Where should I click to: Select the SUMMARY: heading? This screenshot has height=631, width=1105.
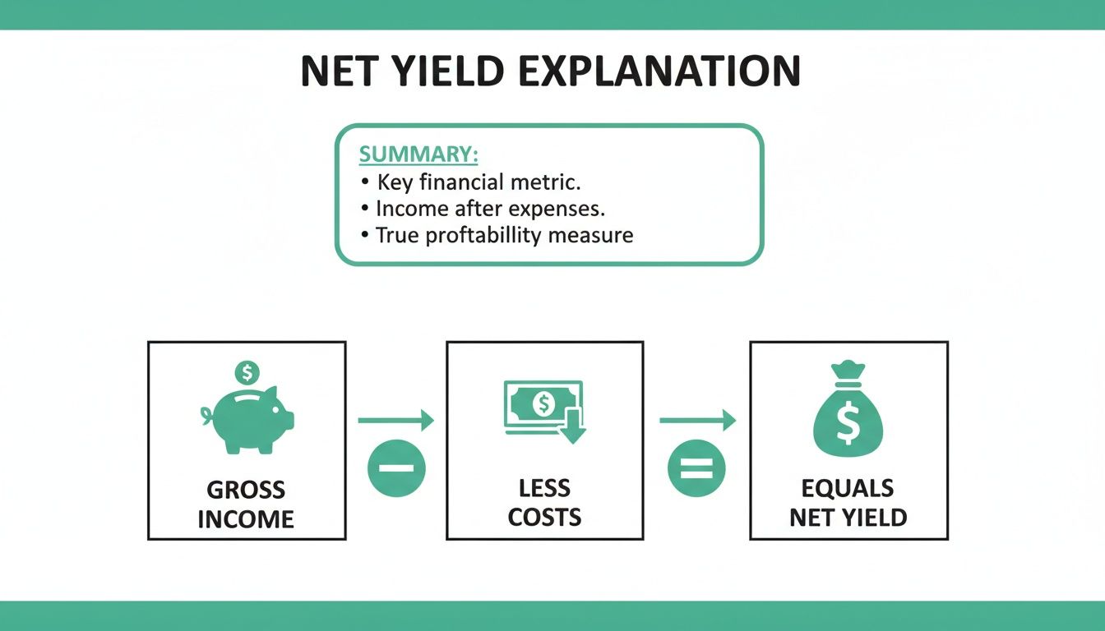(418, 155)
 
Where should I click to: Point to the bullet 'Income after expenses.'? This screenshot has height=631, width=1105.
(490, 208)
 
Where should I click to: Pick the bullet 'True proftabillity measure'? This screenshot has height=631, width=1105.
(504, 235)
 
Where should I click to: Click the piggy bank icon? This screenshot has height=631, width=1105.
(248, 419)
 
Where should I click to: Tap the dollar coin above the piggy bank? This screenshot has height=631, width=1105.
(246, 372)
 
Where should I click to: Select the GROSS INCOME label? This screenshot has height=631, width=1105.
(246, 504)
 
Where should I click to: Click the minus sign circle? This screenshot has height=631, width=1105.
(396, 468)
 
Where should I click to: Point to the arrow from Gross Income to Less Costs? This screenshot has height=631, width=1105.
(395, 421)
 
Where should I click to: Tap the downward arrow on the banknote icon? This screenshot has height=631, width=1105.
(572, 428)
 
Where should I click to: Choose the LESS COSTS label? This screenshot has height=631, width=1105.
(544, 503)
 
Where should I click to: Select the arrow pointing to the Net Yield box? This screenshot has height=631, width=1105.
(697, 421)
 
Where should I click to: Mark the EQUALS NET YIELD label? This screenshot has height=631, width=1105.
(848, 503)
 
